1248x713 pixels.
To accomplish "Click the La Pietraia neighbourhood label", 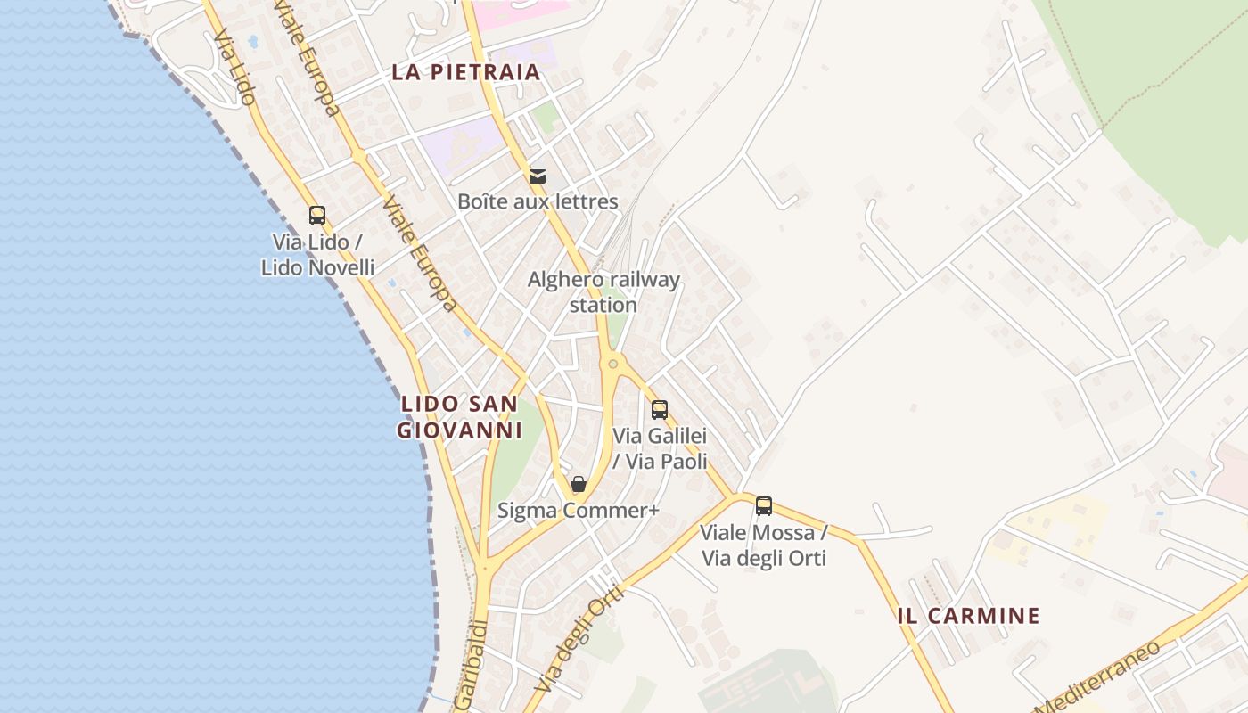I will coord(466,72).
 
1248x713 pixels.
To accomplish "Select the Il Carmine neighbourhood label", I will coord(969,616).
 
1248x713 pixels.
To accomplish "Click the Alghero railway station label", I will coord(603,291).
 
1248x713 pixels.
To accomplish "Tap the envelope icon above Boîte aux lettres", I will coord(538,176).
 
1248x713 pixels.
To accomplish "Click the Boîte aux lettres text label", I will coord(538,201).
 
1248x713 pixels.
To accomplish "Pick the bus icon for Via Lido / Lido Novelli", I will coord(317,215).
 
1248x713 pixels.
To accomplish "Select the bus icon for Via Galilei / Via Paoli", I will coord(660,410).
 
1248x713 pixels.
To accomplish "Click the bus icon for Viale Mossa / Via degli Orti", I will coord(764,506).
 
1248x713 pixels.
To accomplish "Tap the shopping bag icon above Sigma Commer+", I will coord(579,484).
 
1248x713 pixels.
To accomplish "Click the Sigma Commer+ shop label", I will coord(579,511).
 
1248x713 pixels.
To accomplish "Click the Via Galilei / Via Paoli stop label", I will coord(660,448).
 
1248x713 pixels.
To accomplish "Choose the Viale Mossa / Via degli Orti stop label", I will coord(764,545).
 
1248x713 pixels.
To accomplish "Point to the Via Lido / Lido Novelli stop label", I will coord(317,254).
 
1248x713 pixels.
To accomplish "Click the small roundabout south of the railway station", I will coord(612,363).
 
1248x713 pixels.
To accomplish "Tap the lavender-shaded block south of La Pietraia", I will coord(464,143).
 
